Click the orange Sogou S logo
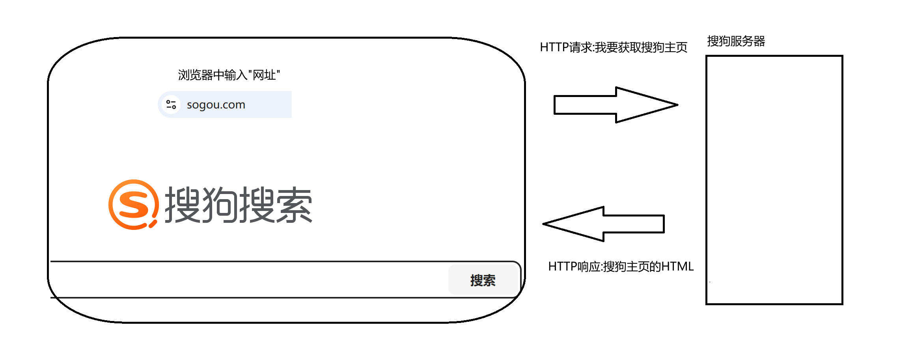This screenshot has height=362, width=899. coord(133,204)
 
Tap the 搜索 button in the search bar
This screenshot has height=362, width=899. coord(483,280)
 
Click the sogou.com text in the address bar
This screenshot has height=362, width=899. coord(216,105)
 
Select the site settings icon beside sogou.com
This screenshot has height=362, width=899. coord(171,104)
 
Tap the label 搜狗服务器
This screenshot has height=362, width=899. coord(736,41)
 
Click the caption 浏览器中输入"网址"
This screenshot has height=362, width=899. coord(229,75)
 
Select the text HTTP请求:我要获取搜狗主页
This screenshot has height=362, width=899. coord(613,47)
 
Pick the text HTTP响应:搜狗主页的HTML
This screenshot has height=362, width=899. coord(621,267)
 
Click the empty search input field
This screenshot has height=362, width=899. coord(248,280)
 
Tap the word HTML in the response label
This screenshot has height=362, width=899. coord(677,267)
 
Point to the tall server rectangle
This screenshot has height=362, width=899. coord(774,180)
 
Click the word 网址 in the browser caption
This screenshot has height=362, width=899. coord(264,75)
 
